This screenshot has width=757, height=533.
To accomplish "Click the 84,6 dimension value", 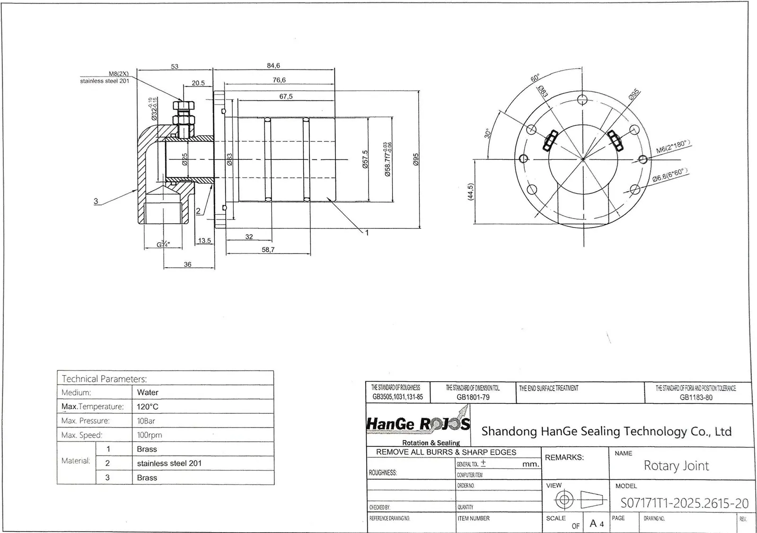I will [273, 66].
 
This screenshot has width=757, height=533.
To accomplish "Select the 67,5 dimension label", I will [286, 96].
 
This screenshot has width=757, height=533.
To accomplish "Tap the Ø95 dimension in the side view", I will [416, 159].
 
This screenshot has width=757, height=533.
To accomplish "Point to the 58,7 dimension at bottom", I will [268, 250].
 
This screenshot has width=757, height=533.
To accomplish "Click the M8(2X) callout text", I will [119, 74].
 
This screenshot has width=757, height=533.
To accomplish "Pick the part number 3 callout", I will [96, 201].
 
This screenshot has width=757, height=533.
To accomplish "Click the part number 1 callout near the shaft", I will [366, 233].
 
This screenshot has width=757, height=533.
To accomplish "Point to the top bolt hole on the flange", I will [583, 100].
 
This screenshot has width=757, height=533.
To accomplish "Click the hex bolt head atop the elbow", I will [183, 105].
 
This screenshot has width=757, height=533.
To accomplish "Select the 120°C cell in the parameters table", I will [148, 407].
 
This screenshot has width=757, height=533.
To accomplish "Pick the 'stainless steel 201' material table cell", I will [169, 463].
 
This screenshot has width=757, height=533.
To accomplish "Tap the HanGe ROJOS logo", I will [418, 425].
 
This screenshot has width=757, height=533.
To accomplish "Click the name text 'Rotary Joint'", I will [676, 466].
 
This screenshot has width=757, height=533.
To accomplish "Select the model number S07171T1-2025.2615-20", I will [684, 503].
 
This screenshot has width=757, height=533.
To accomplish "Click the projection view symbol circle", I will [564, 499].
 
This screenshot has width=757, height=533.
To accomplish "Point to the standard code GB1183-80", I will [695, 397].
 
